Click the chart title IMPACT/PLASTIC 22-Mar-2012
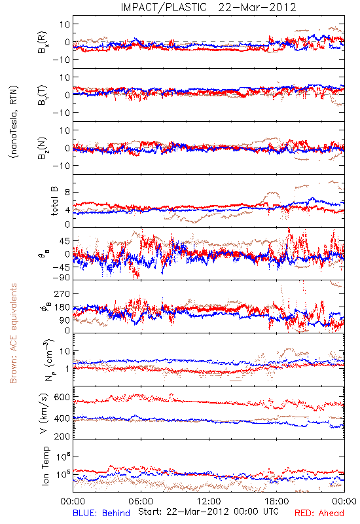(x=208, y=7)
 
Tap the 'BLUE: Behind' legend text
(x=101, y=514)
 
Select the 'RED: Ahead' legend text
(x=319, y=514)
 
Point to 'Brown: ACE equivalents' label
(x=13, y=333)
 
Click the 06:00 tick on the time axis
(x=141, y=501)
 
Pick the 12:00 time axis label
(x=209, y=501)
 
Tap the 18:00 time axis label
(x=277, y=501)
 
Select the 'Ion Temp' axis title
(x=45, y=466)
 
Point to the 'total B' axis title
(x=54, y=200)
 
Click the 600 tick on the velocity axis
(x=62, y=398)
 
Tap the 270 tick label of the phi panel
(x=62, y=293)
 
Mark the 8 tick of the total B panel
(x=67, y=193)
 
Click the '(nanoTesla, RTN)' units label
(x=14, y=122)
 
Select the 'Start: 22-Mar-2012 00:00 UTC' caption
(x=208, y=512)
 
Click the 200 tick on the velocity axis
(x=62, y=436)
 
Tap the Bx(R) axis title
(x=43, y=43)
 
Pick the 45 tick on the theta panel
(x=64, y=241)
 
